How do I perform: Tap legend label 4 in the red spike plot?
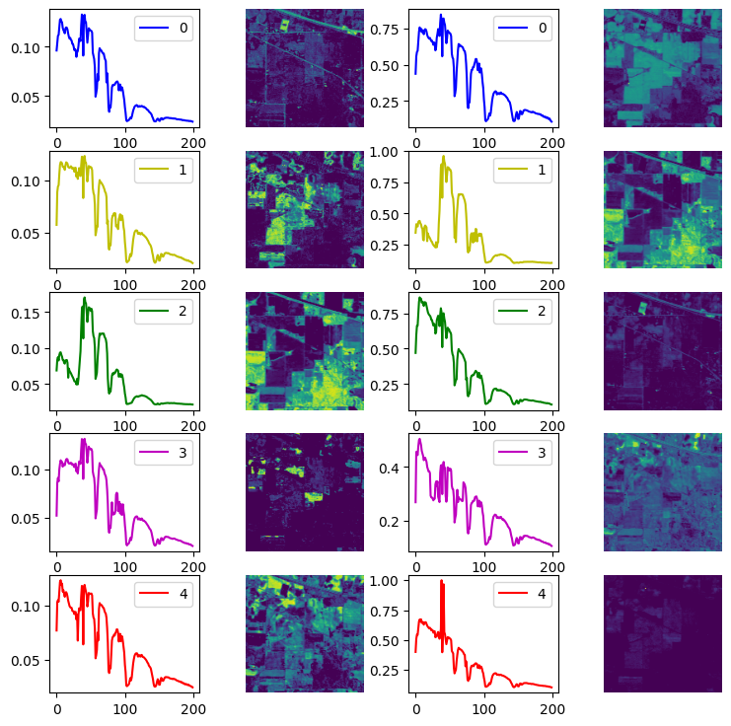click(543, 595)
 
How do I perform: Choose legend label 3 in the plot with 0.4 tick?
click(543, 453)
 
